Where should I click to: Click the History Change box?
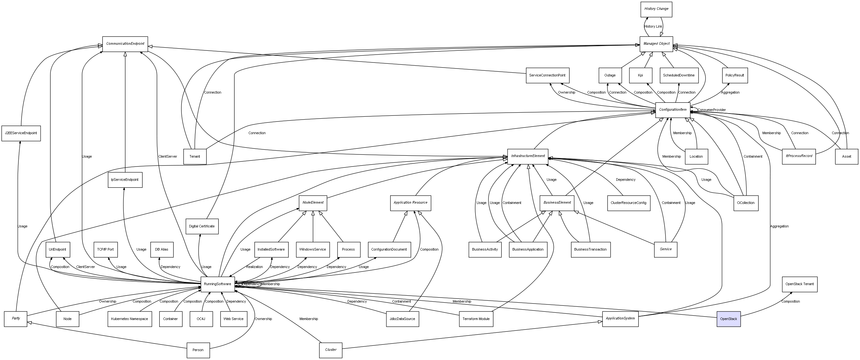coord(656,9)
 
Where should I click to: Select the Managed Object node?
coord(656,44)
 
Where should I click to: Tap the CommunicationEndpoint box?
coord(125,44)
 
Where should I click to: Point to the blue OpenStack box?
coord(728,319)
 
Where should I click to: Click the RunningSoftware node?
coord(217,284)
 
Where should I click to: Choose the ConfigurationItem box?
coord(673,110)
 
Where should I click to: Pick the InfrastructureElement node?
coord(528,156)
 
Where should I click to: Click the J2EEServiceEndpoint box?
coord(21,133)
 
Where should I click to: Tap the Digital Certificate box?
coord(202,226)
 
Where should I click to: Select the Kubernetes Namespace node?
coord(129,319)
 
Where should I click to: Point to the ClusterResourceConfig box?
coord(628,203)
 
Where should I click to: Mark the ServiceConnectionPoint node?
coord(547,75)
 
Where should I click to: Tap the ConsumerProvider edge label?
coord(712,110)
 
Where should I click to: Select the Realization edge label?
coord(254,267)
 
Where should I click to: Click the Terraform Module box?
coord(476,319)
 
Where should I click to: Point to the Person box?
coord(198,350)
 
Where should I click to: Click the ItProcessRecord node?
coord(798,156)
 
